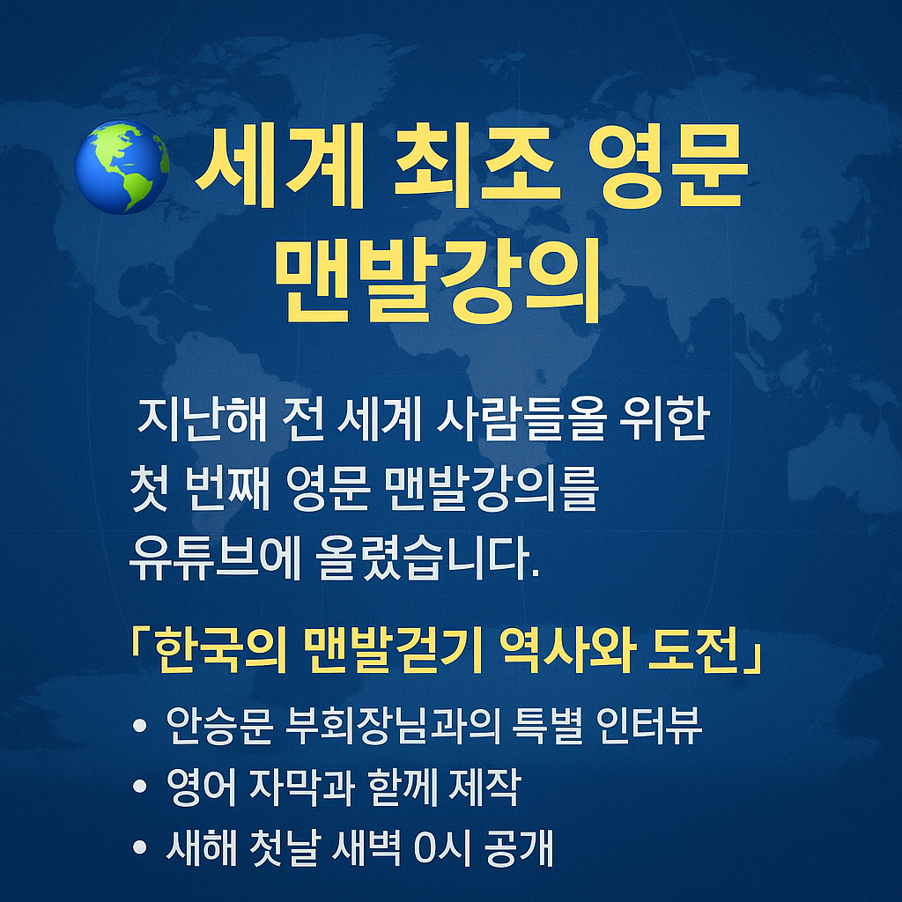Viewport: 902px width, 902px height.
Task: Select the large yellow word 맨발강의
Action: click(438, 275)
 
